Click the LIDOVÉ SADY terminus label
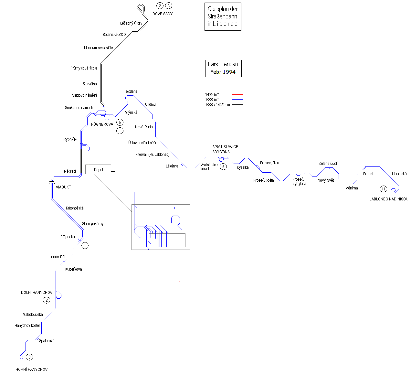(161, 14)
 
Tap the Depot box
(98, 169)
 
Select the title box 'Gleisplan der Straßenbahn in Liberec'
(223, 17)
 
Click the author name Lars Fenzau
(223, 64)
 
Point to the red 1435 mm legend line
(237, 94)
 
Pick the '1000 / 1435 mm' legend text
(217, 105)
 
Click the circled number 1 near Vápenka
(85, 246)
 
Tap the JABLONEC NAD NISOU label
(389, 199)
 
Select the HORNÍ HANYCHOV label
(31, 370)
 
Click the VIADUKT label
(63, 187)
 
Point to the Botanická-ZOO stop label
(114, 35)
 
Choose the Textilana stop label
(131, 91)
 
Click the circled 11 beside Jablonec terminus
(383, 189)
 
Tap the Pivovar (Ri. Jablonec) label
(152, 155)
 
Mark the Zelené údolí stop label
(328, 164)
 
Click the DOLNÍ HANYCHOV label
(37, 293)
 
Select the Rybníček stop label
(70, 139)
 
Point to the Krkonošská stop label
(75, 208)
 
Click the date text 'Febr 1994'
(223, 72)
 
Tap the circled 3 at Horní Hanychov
(29, 357)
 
